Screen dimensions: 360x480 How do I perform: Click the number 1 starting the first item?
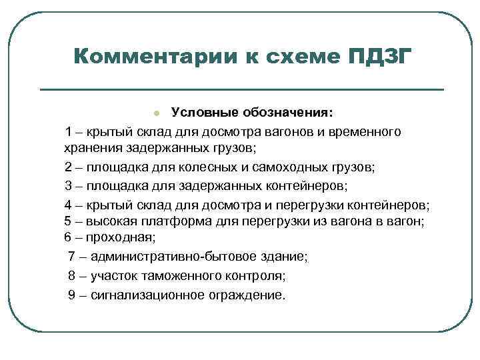(69, 131)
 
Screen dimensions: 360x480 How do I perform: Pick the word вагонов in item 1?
(291, 131)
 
